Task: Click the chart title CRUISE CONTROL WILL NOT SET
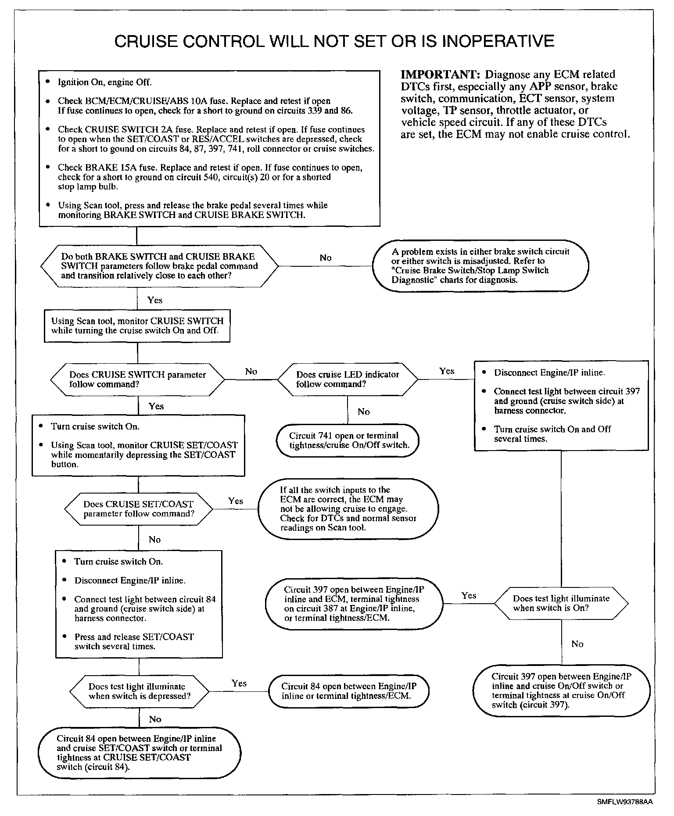[x=334, y=41]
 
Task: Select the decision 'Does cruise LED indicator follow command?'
[x=348, y=379]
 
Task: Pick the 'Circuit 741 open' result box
[x=348, y=440]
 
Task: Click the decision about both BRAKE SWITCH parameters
[x=159, y=266]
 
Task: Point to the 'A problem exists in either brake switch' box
[x=480, y=265]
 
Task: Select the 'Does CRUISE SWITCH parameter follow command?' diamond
[x=138, y=379]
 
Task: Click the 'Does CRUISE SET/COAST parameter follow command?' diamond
[x=139, y=509]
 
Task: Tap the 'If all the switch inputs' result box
[x=348, y=508]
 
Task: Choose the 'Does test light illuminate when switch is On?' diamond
[x=561, y=603]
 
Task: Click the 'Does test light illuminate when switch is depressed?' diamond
[x=139, y=691]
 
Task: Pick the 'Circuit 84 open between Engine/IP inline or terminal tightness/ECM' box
[x=348, y=691]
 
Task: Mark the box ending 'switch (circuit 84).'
[x=139, y=752]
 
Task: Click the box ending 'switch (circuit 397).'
[x=561, y=691]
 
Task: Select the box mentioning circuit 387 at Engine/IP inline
[x=354, y=604]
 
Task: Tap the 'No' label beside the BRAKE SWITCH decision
[x=326, y=258]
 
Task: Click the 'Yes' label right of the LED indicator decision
[x=447, y=371]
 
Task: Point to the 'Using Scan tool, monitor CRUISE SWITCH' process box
[x=137, y=326]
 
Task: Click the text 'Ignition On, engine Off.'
[x=105, y=82]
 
